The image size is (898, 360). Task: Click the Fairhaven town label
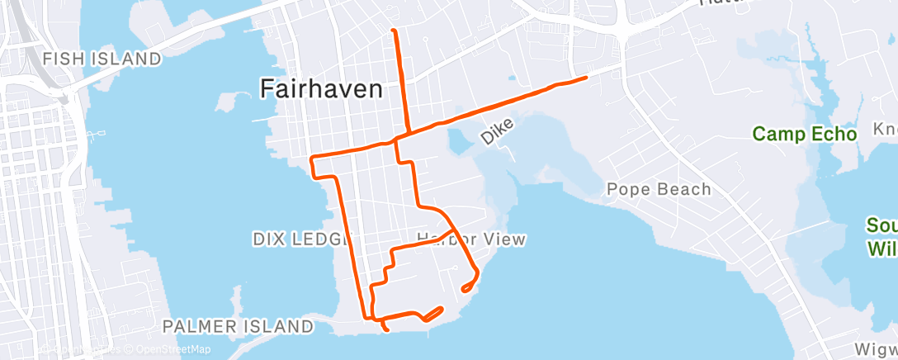coord(322,88)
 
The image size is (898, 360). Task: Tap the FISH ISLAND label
coord(102,59)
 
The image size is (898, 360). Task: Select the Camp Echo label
coord(805,133)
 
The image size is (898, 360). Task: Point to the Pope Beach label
coord(659,189)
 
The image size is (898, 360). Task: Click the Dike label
coord(498,132)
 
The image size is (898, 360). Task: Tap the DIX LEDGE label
coord(295,239)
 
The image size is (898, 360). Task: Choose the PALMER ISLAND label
coord(238,326)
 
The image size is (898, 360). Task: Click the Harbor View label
coord(472,239)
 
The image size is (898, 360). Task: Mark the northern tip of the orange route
coord(394,31)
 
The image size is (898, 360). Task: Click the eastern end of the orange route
coord(585,78)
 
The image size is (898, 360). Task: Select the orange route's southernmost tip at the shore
coord(387,330)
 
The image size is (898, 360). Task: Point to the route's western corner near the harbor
coord(311,157)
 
